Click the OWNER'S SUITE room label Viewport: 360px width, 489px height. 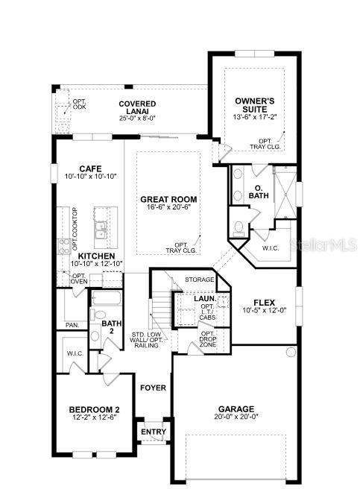point(255,105)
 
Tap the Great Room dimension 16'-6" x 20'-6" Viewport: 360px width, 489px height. point(168,207)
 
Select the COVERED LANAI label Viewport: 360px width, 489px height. point(137,107)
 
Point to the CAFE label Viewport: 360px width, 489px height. point(90,168)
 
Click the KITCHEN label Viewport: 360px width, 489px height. point(96,256)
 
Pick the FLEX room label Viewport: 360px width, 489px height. point(265,303)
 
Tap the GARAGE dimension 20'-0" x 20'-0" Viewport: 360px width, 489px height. point(236,417)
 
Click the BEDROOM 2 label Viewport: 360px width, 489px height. point(94,409)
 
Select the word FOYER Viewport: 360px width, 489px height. point(153,388)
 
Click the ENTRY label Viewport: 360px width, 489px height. point(154,432)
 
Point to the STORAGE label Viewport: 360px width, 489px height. point(200,280)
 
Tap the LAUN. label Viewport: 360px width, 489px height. point(205,299)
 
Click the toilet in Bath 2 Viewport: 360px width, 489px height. point(98,315)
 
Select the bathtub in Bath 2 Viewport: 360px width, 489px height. point(107,298)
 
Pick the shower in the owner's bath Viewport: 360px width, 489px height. point(285,192)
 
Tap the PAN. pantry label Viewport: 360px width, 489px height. point(72,325)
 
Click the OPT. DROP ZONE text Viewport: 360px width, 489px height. point(208,339)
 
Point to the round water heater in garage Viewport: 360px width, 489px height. point(291,352)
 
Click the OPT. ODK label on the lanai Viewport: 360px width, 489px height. point(79,104)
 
